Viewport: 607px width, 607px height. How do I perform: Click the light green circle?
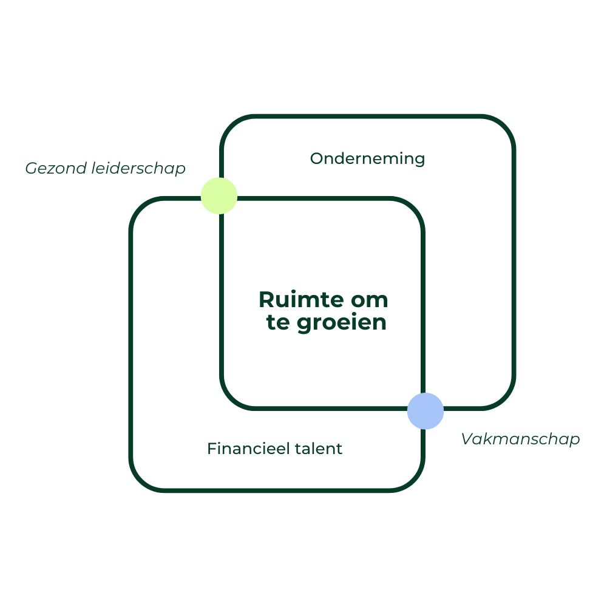pos(219,195)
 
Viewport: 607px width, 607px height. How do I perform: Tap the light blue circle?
pos(426,411)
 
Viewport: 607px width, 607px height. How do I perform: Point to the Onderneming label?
pos(367,159)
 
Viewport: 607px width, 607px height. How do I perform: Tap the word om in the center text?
pos(369,300)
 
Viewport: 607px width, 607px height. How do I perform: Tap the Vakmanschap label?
pos(520,439)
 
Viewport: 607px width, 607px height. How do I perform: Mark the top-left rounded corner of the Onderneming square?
pos(230,126)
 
